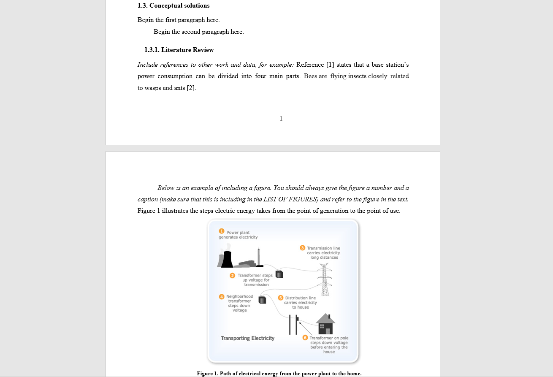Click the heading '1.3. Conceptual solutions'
pos(173,5)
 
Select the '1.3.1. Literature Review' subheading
pos(179,50)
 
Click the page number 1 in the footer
pos(281,119)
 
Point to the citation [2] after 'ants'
pos(191,88)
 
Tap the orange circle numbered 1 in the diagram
pos(222,231)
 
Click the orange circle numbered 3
pos(302,248)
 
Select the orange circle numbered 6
pos(305,338)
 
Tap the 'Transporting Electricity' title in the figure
pos(247,338)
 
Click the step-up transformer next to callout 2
pos(279,274)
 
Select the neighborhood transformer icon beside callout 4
pos(262,300)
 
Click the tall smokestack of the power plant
pos(258,257)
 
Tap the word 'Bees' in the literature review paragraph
pos(310,76)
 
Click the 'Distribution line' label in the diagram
pos(300,298)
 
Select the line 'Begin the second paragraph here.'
pos(198,32)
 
